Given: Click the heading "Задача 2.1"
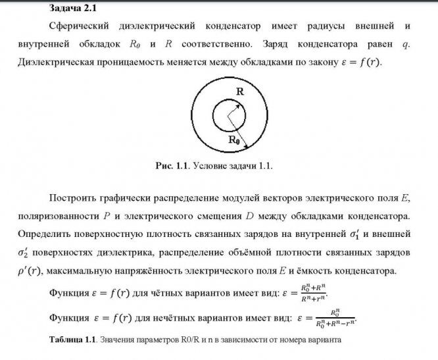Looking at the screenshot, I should [x=74, y=8].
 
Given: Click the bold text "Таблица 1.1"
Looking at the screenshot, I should [x=72, y=340].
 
